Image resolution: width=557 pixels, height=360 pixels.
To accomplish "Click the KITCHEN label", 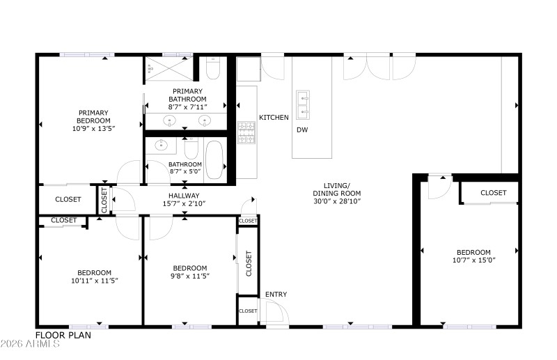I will (274, 118).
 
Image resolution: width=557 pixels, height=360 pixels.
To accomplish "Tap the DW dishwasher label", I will (302, 130).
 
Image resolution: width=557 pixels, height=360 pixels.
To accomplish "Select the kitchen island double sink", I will (303, 104).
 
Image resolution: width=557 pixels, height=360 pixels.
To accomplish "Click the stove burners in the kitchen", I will (246, 132).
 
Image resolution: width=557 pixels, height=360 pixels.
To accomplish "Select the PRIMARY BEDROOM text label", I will (92, 120).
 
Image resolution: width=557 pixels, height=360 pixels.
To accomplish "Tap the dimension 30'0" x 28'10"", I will (336, 202).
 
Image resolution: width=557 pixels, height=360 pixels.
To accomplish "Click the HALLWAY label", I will (184, 196).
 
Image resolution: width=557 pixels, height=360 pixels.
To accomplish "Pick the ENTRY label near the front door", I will (276, 295).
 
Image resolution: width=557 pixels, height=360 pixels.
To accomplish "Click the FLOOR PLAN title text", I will (63, 334).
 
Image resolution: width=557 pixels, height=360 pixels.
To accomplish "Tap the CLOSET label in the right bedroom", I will (493, 193).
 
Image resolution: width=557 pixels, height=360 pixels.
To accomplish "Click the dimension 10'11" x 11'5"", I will (94, 281).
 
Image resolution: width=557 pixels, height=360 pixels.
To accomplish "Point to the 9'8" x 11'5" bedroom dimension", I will (190, 276).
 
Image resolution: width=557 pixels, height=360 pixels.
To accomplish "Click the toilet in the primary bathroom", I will (212, 68).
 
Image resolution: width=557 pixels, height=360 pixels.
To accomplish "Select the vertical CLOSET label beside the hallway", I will (104, 200).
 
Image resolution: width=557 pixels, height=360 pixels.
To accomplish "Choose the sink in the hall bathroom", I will (162, 146).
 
